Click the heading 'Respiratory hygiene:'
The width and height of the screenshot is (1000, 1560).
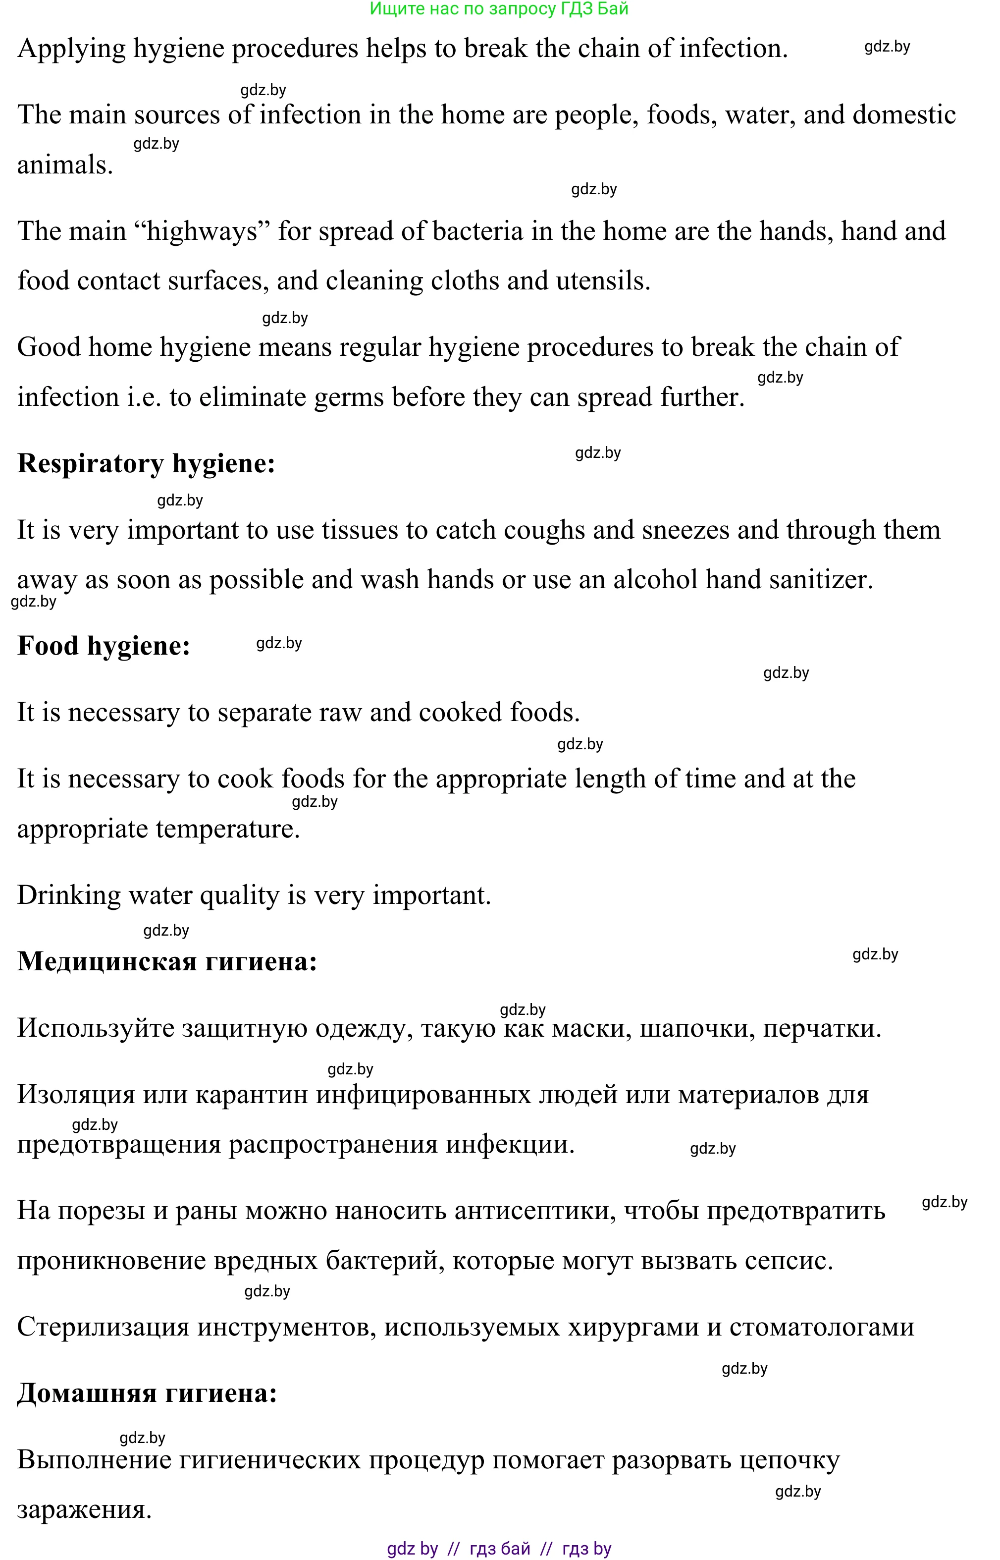[x=146, y=464]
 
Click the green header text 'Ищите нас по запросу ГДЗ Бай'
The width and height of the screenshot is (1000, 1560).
[x=499, y=9]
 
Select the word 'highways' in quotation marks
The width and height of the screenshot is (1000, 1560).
[x=202, y=231]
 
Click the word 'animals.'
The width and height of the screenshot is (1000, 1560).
[x=65, y=165]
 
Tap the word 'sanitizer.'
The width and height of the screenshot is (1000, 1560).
[x=821, y=580]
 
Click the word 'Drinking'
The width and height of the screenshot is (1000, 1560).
[x=69, y=895]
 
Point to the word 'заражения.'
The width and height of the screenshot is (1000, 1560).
[x=84, y=1508]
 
